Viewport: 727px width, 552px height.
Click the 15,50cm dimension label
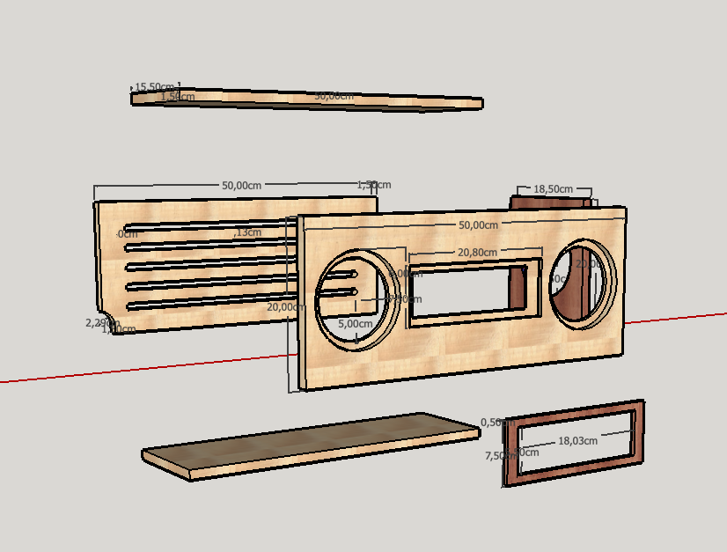pyautogui.click(x=153, y=86)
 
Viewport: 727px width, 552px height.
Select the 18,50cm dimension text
pyautogui.click(x=553, y=189)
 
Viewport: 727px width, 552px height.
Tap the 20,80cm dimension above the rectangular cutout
pyautogui.click(x=476, y=253)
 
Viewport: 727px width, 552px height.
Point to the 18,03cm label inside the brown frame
pyautogui.click(x=577, y=441)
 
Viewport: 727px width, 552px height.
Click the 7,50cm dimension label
pyautogui.click(x=499, y=456)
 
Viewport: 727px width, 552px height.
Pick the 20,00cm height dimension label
pyautogui.click(x=286, y=307)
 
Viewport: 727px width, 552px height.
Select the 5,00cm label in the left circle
pyautogui.click(x=356, y=323)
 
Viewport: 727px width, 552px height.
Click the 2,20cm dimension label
pyautogui.click(x=99, y=323)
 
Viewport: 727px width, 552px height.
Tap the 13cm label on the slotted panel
pyautogui.click(x=248, y=232)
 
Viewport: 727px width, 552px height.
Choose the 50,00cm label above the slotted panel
pyautogui.click(x=241, y=186)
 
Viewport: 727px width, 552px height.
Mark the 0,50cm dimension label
pyautogui.click(x=498, y=423)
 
